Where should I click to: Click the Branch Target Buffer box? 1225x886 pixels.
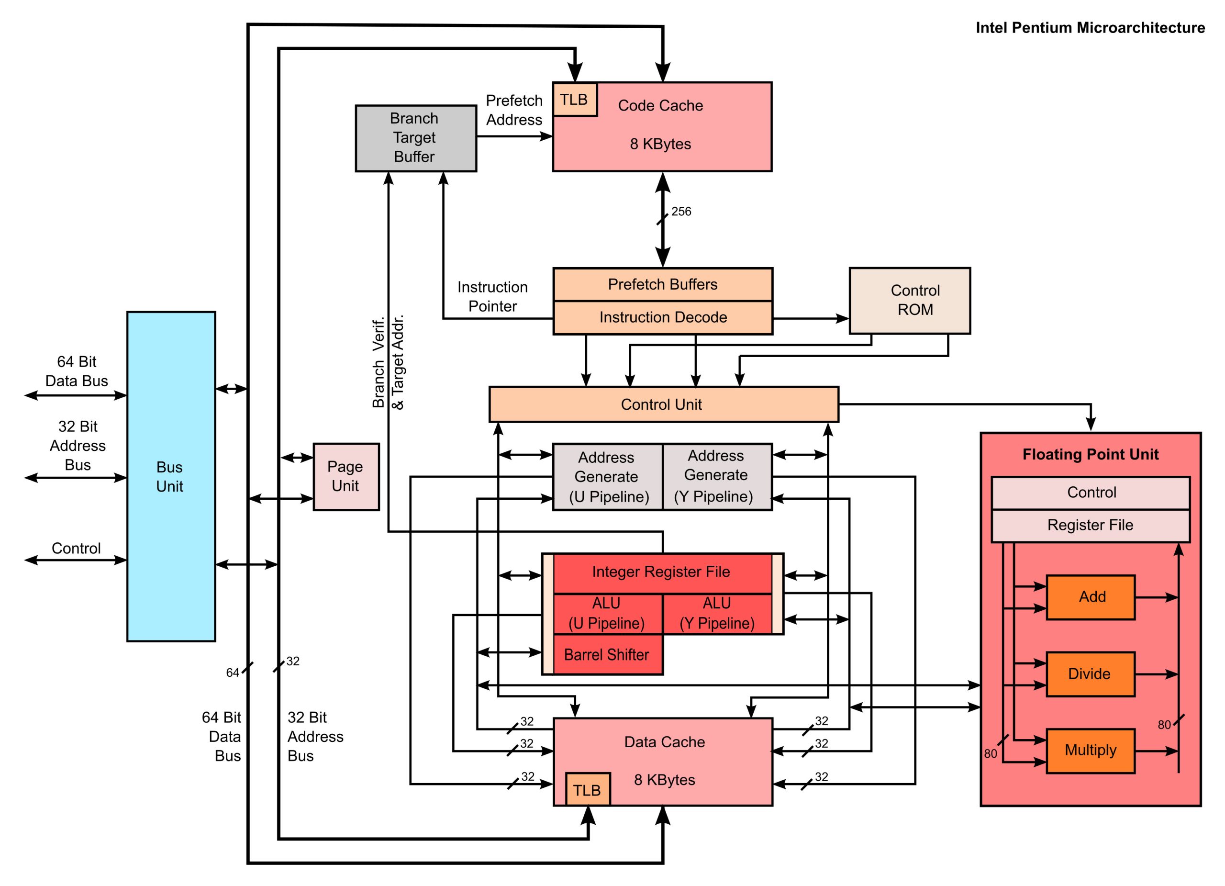pos(415,138)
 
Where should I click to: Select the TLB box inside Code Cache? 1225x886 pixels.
pos(574,100)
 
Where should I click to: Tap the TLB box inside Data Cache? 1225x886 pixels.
pos(587,790)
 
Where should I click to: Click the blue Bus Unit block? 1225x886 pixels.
pos(171,476)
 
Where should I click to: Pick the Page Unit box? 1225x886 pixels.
pos(345,476)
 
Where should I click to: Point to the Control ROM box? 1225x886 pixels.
pos(910,301)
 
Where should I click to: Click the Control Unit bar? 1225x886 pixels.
pos(663,404)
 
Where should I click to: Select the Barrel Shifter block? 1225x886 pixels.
pos(607,655)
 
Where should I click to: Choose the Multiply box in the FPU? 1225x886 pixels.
pos(1090,751)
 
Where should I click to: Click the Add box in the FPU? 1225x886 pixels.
pos(1090,597)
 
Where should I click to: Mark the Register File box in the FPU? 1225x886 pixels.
pos(1090,525)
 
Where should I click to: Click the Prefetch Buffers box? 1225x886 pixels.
pos(663,285)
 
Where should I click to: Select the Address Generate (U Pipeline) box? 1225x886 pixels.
pos(607,476)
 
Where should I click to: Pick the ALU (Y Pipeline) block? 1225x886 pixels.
pos(717,614)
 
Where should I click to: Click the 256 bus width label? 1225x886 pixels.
pos(681,212)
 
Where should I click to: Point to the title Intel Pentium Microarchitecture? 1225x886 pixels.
pos(1090,28)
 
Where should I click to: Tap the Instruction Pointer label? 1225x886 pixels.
pos(492,297)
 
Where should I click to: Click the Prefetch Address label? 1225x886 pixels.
pos(513,110)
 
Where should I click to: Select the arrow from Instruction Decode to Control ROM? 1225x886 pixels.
pos(810,318)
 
